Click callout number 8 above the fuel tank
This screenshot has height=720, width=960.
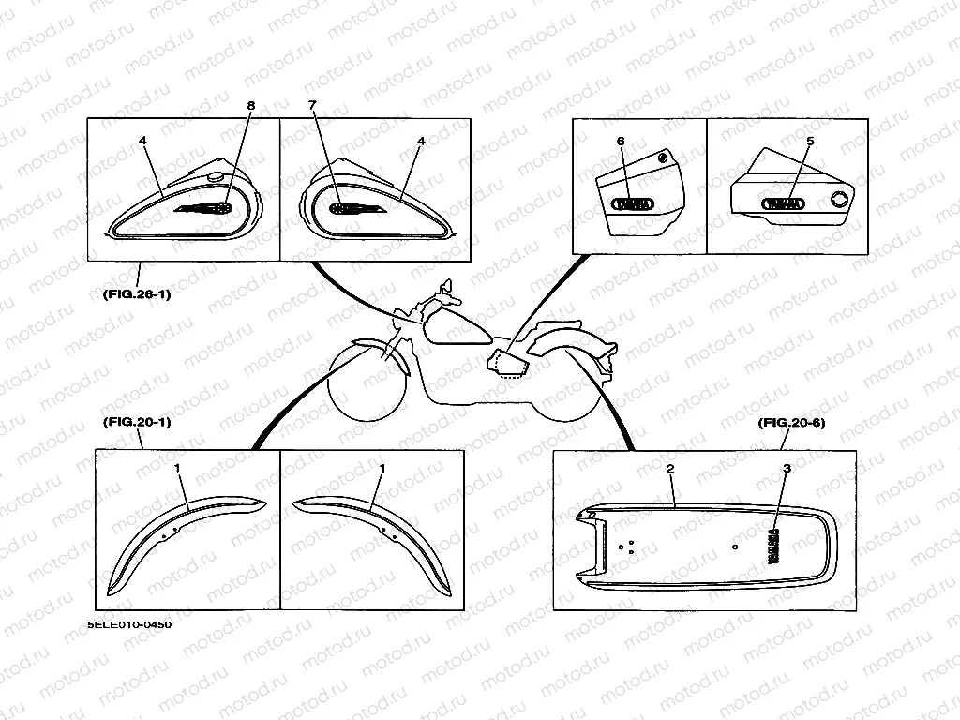(250, 106)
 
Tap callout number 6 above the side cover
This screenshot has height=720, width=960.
(620, 141)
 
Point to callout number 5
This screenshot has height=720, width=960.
(810, 141)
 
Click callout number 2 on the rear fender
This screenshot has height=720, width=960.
(670, 467)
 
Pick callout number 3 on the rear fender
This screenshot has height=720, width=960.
(787, 467)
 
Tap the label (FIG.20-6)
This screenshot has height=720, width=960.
(790, 423)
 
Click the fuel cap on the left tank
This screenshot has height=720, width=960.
(215, 177)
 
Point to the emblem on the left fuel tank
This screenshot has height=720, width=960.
(207, 207)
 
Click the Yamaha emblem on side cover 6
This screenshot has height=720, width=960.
(634, 202)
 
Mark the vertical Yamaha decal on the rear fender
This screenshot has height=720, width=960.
(775, 546)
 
